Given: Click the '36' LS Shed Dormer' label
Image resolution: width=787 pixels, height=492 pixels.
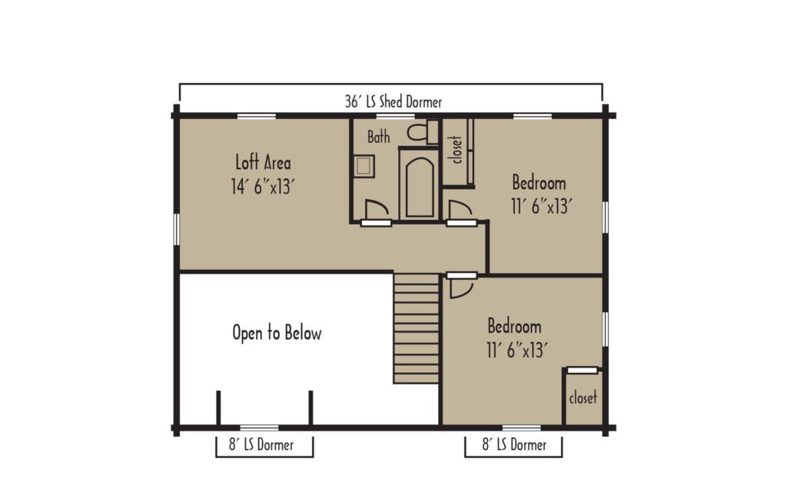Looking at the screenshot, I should click(393, 101).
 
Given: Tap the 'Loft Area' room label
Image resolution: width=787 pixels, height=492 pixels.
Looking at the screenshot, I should click(263, 162).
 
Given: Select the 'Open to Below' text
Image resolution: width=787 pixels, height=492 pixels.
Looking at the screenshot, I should click(277, 333).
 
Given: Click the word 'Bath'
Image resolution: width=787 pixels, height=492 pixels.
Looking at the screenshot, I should click(378, 137).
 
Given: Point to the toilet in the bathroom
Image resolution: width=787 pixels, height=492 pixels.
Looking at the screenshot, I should click(418, 132).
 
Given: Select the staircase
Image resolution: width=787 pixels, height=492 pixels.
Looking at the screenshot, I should click(417, 328).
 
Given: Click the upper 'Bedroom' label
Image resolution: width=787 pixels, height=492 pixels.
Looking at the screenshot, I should click(539, 183).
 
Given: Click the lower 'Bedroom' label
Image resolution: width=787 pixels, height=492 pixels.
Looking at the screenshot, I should click(514, 326).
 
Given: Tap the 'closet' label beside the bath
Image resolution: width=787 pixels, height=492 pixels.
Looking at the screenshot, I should click(457, 149).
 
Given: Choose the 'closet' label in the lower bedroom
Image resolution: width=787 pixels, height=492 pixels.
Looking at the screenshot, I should click(583, 398).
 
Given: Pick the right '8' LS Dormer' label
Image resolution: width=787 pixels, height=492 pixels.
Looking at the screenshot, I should click(513, 444).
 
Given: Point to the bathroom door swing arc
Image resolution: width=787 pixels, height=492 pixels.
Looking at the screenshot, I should click(376, 210).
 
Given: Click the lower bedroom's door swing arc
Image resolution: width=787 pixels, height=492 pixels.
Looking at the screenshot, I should click(460, 288).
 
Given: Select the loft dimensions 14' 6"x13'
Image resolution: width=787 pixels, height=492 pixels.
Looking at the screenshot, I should click(263, 186).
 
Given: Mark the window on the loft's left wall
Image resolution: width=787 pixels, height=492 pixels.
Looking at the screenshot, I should click(176, 230).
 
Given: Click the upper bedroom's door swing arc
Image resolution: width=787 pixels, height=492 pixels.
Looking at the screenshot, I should click(460, 210).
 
